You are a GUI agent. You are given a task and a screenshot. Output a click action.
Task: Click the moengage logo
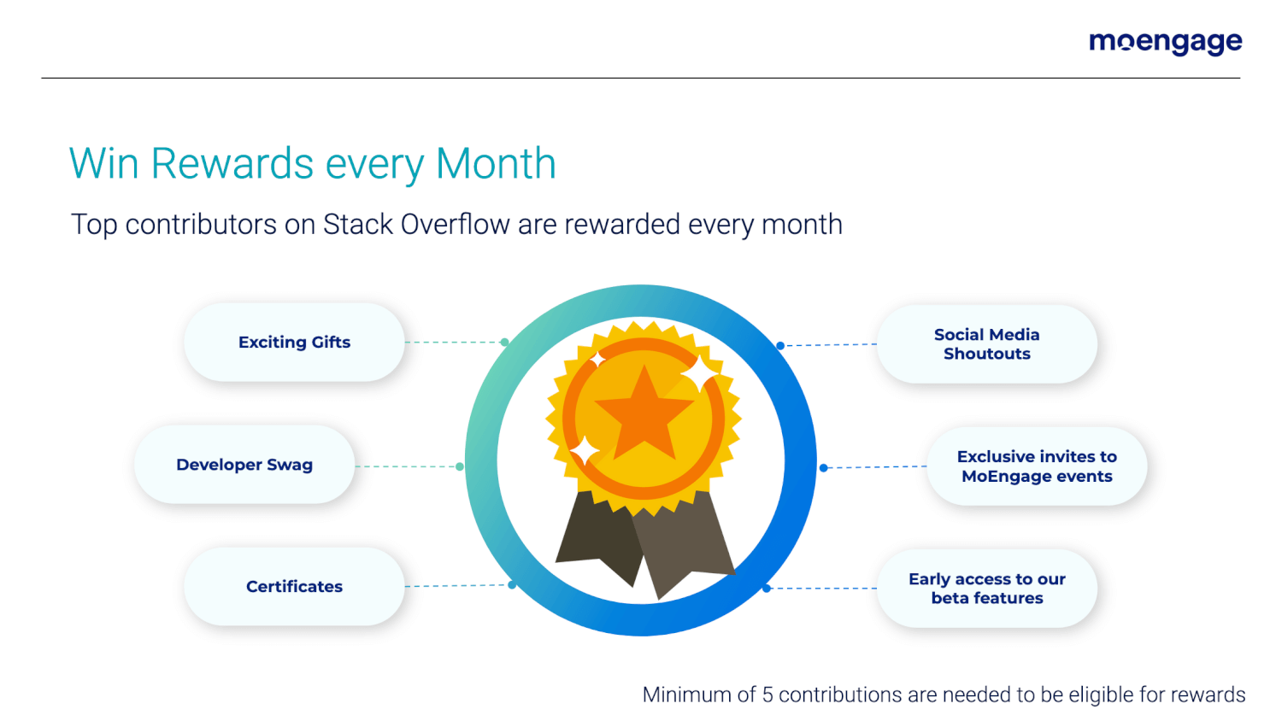[1165, 43]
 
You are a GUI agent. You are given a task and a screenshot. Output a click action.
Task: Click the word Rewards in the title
[232, 164]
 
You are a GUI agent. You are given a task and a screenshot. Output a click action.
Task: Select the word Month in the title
[496, 164]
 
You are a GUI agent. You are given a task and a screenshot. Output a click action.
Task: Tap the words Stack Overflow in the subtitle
[416, 224]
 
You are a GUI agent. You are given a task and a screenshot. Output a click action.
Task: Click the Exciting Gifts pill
[294, 343]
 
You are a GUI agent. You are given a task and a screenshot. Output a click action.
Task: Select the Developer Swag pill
[244, 465]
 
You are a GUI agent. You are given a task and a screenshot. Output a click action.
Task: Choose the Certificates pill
[294, 587]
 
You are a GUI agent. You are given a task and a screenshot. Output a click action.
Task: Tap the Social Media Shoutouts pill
[986, 344]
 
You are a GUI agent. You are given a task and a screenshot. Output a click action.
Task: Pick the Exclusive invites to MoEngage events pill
[1037, 466]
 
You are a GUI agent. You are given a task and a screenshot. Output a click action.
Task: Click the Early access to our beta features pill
[986, 589]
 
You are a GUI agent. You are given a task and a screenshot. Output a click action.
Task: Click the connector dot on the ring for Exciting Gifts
[504, 343]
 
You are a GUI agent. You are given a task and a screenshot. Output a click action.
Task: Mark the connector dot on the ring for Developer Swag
[460, 466]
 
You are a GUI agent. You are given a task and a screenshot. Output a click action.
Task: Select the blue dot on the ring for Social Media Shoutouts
[780, 346]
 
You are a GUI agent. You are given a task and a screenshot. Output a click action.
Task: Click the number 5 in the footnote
[767, 695]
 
